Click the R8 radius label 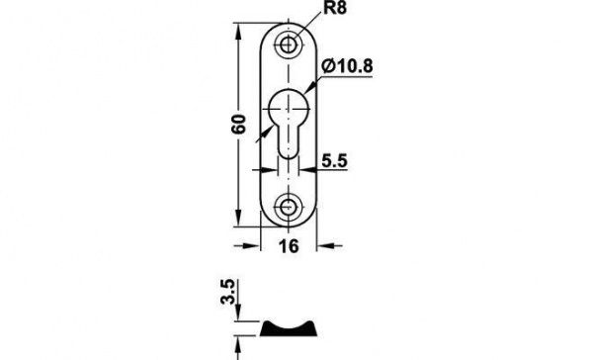click(335, 8)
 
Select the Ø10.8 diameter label click(347, 66)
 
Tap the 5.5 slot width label click(334, 160)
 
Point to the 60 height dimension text click(238, 124)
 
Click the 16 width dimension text click(289, 246)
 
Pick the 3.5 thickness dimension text click(228, 292)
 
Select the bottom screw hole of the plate click(289, 208)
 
